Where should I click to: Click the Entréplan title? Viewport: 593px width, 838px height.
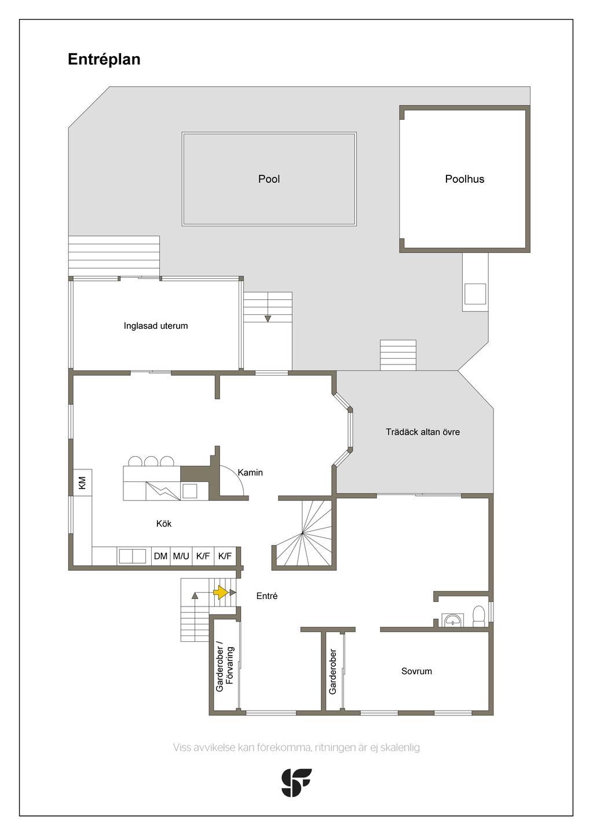pos(104,60)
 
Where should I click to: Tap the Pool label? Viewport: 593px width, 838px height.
pos(269,179)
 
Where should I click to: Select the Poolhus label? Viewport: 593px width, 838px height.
pos(464,179)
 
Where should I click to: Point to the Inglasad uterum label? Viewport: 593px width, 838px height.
pos(156,325)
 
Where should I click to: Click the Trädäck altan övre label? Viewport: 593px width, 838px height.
pos(423,432)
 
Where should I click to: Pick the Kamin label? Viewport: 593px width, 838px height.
pos(250,472)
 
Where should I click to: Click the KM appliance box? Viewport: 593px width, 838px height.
pos(82,482)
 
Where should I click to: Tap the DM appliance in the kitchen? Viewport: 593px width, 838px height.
pos(160,556)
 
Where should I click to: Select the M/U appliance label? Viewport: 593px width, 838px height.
pos(181,556)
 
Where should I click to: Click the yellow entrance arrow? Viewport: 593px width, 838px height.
pos(221,593)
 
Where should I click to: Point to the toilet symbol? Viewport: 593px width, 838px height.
pos(478,616)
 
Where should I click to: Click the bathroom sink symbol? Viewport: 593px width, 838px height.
pos(453,620)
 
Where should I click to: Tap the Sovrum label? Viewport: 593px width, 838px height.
pos(416,671)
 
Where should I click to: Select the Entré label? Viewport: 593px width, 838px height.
pos(267,596)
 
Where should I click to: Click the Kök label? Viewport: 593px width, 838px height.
pos(164,523)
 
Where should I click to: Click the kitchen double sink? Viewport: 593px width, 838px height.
pos(132,556)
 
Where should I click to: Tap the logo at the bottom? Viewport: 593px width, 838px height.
pos(296,782)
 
